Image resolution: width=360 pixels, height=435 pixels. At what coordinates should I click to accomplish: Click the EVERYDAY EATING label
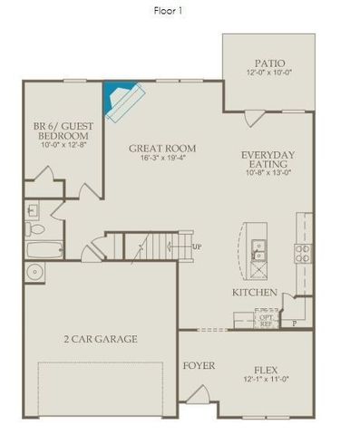click(265, 159)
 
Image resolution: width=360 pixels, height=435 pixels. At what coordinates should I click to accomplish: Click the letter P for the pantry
click(293, 323)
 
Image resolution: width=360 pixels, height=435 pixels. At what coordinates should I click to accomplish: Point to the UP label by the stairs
click(197, 246)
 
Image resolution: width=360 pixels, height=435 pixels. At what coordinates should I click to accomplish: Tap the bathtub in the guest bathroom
click(43, 248)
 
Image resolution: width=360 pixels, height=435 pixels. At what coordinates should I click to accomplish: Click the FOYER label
click(199, 366)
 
